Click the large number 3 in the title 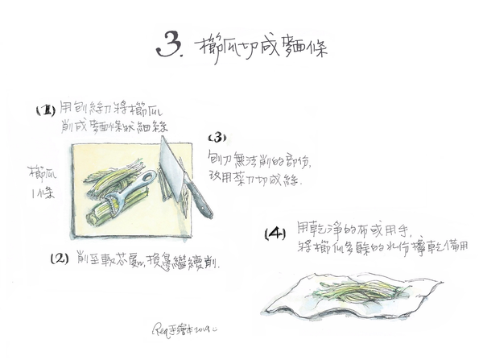(x=168, y=46)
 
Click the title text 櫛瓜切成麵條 (x=261, y=46)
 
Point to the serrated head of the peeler (x=120, y=207)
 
